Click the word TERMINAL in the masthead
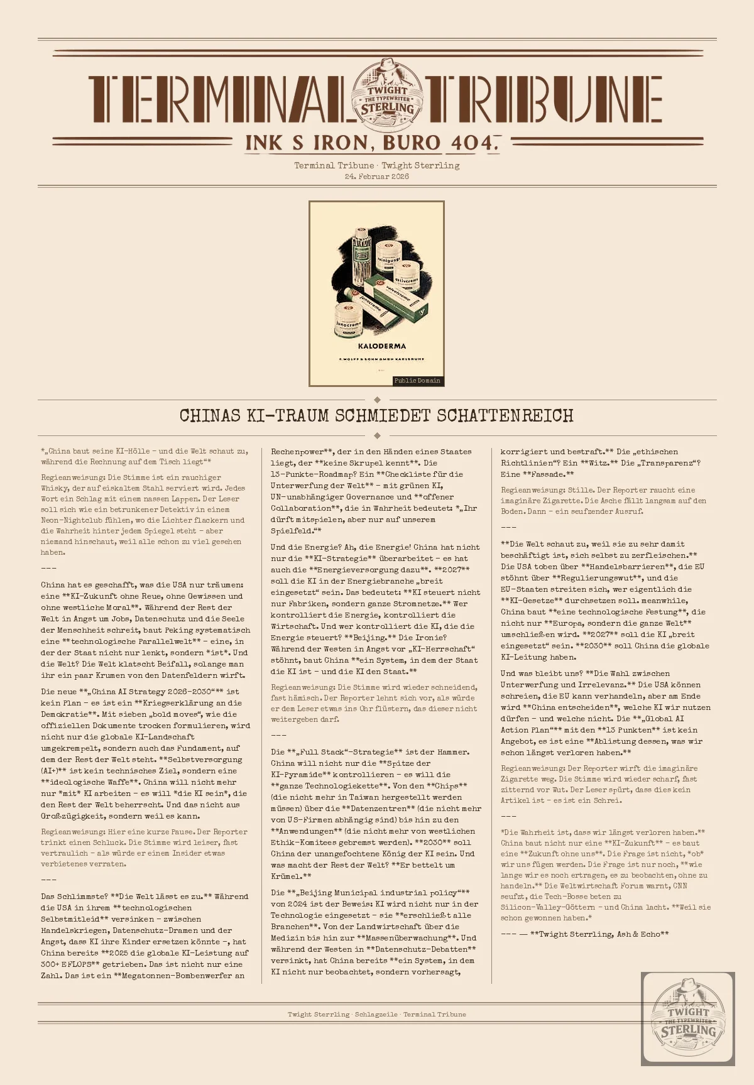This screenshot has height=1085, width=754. click(x=217, y=99)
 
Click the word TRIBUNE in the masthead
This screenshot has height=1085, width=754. click(x=544, y=99)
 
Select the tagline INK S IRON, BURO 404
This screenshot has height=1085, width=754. click(x=372, y=143)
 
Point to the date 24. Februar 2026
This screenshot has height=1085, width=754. click(x=377, y=177)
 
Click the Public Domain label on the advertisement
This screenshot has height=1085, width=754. click(x=417, y=381)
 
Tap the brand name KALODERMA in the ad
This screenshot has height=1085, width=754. click(x=382, y=346)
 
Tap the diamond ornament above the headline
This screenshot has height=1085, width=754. click(x=377, y=400)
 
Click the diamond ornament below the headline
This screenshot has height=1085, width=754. click(x=377, y=435)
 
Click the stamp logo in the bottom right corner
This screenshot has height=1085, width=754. click(x=688, y=1018)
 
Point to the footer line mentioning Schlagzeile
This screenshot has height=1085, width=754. click(x=377, y=1015)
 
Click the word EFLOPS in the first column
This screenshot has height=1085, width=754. click(x=76, y=964)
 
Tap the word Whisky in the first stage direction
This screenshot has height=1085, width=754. click(x=55, y=488)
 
